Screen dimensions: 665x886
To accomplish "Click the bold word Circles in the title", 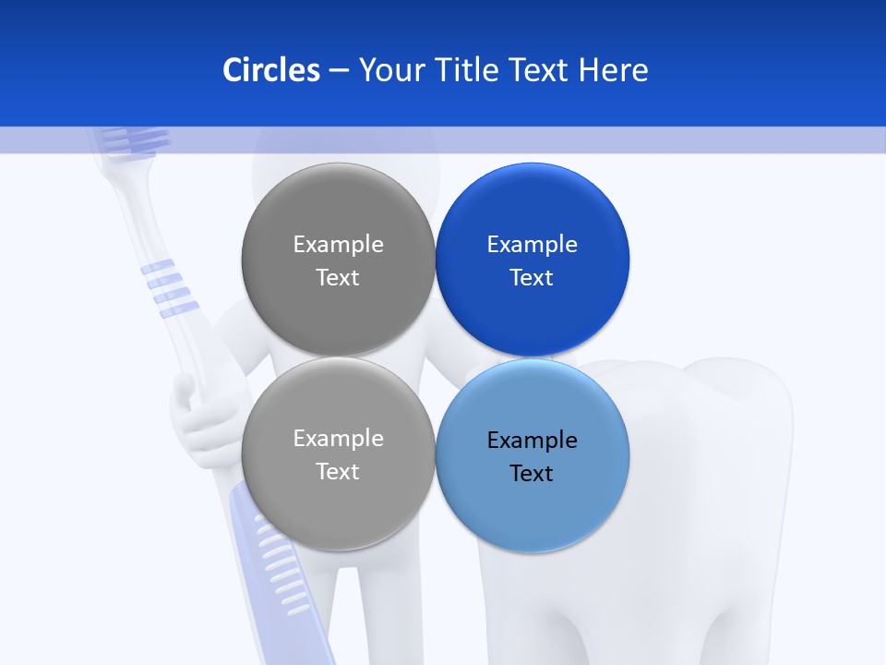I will click(x=271, y=70).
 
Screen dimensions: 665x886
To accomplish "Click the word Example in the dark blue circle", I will click(x=533, y=245).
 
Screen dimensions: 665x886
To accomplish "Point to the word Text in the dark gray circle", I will click(x=338, y=278).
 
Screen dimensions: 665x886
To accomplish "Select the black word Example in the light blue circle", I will click(x=533, y=441).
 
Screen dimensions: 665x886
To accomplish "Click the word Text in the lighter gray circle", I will click(x=338, y=472).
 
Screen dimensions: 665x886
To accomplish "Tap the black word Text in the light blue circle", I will click(x=533, y=474).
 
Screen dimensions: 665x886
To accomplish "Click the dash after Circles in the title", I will click(x=339, y=70).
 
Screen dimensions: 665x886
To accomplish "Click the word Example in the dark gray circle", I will click(x=338, y=245).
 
